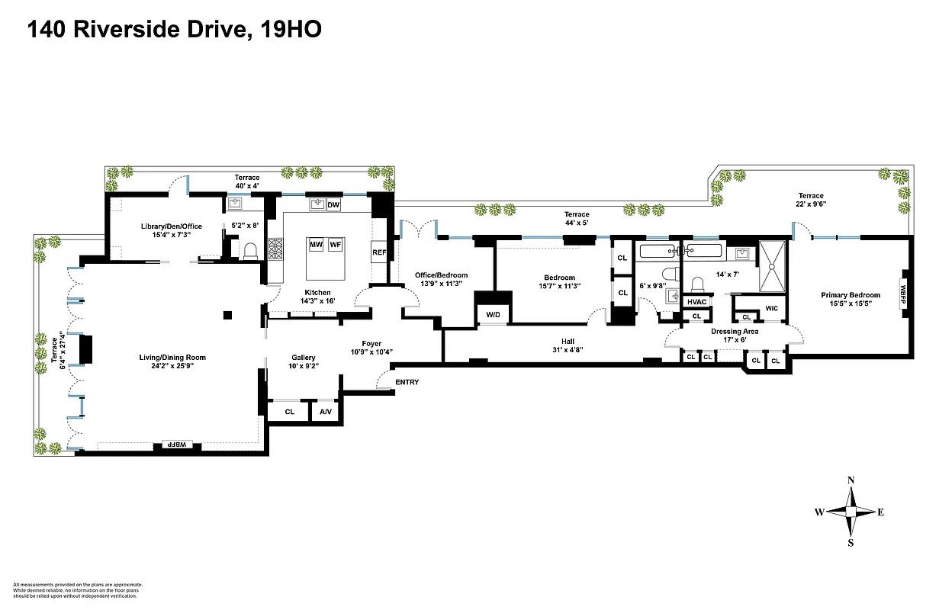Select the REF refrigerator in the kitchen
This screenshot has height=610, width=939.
pos(379,252)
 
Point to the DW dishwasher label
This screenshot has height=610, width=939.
pos(333,205)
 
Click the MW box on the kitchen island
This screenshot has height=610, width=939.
pos(317,245)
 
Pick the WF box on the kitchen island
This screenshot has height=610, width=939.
pos(336,245)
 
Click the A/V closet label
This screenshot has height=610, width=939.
pos(326,412)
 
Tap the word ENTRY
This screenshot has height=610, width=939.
pos(407,382)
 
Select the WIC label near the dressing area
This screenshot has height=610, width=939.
pos(770,309)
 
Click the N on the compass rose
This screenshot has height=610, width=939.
pos(851,480)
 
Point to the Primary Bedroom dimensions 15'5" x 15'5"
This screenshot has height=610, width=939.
pos(850,303)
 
